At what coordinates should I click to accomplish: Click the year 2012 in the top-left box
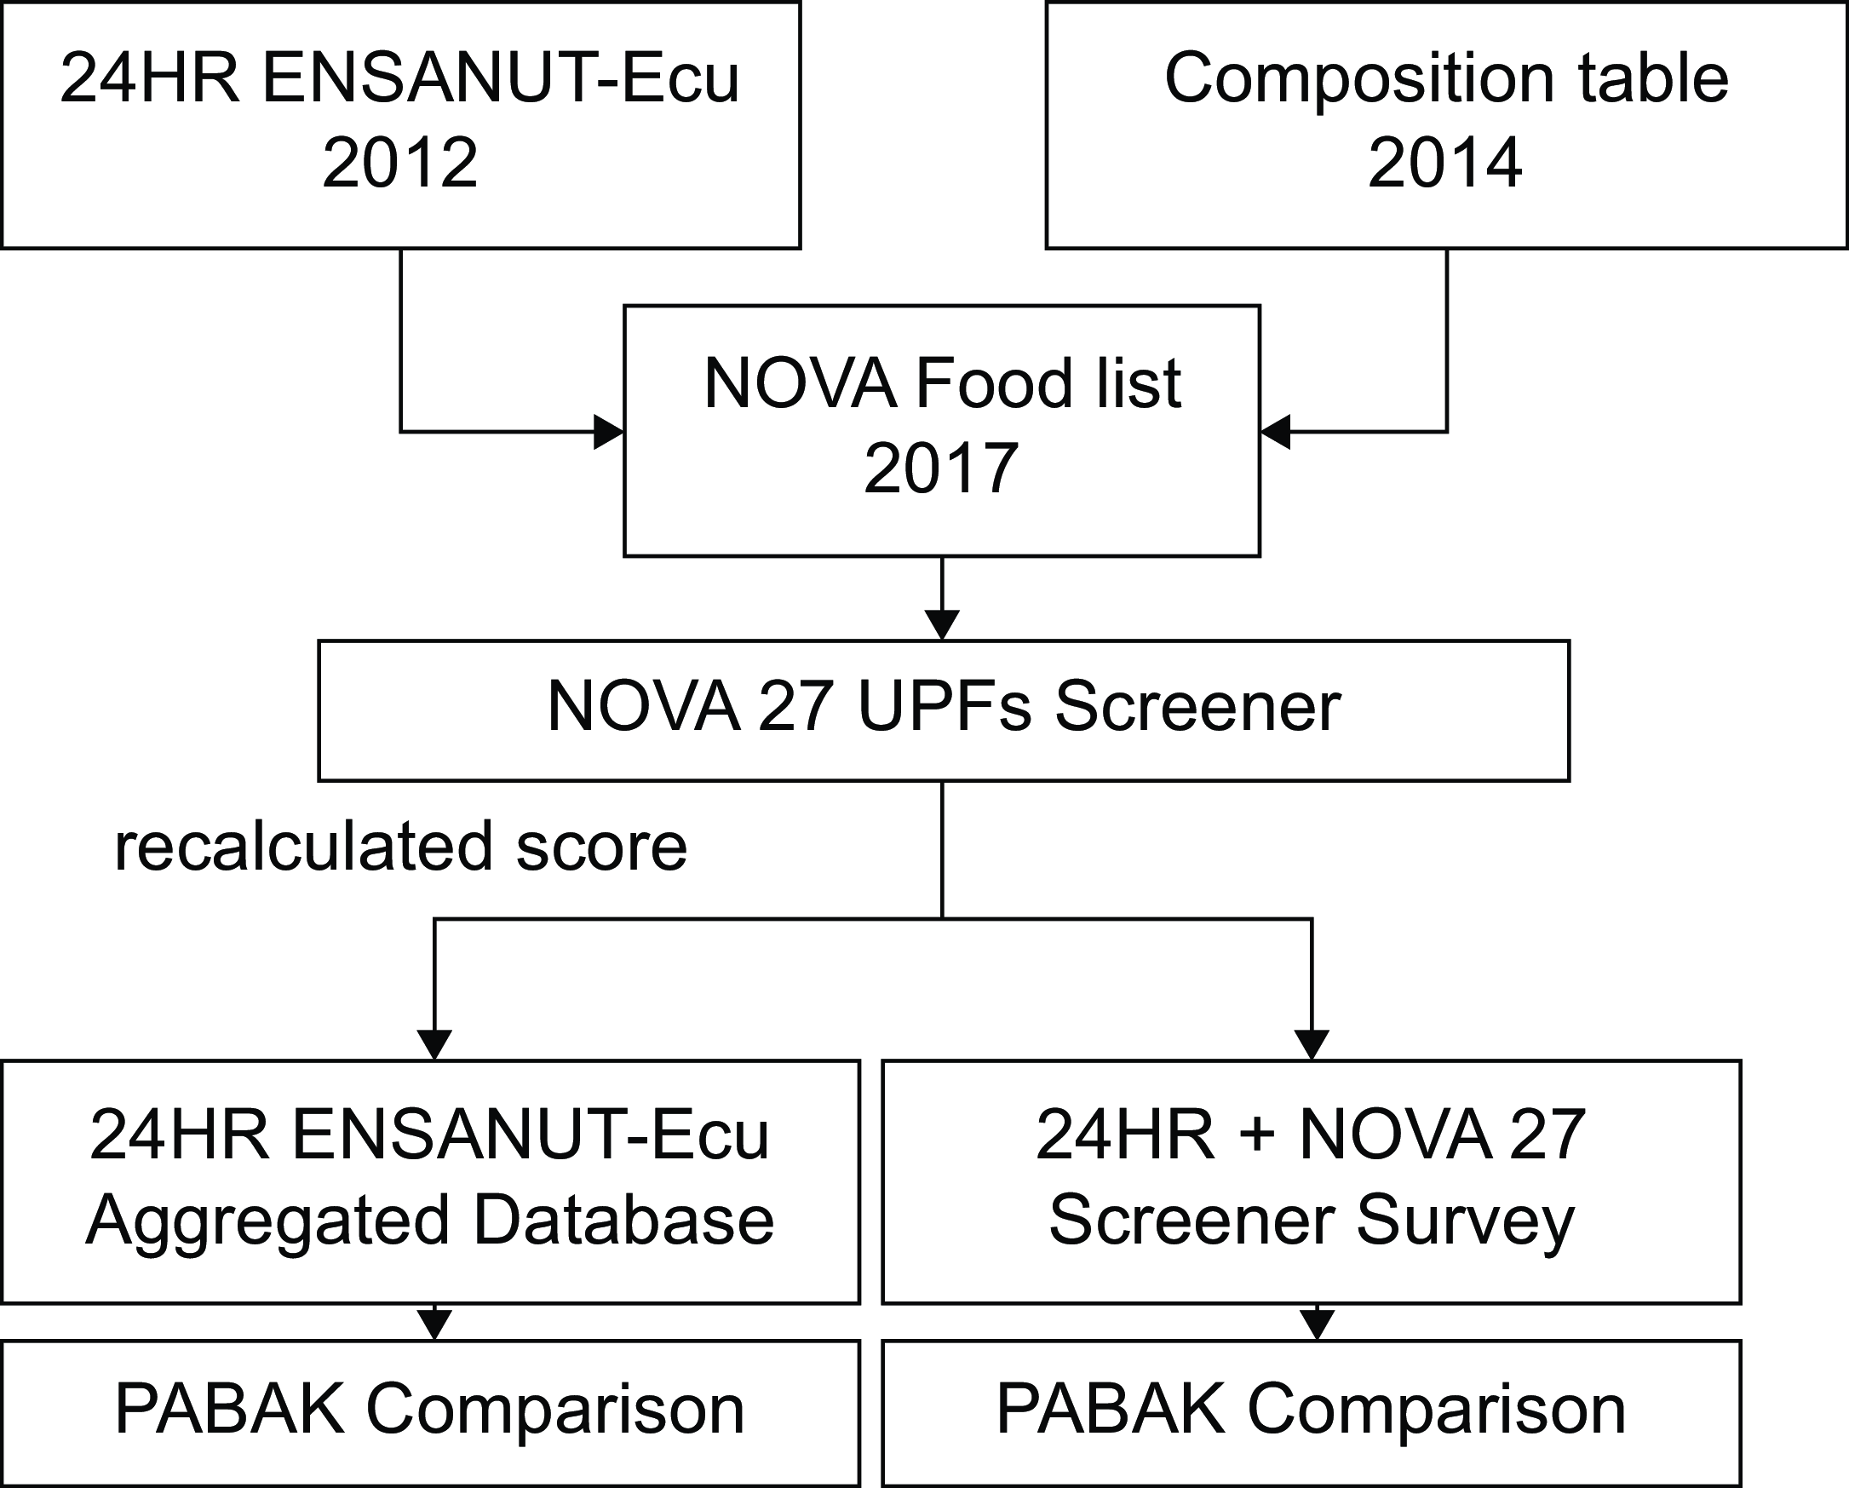[x=399, y=162]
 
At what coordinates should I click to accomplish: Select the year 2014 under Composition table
[x=1445, y=162]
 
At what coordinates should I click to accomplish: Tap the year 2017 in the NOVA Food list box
[x=941, y=468]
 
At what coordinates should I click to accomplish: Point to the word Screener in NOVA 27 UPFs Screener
[x=1197, y=707]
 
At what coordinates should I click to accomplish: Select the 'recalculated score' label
[x=400, y=847]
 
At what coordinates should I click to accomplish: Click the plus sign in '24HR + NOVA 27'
[x=1257, y=1134]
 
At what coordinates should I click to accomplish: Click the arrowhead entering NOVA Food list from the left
[x=609, y=431]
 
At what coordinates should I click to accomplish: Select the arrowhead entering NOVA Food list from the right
[x=1275, y=431]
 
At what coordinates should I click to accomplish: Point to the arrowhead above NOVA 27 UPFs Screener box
[x=942, y=625]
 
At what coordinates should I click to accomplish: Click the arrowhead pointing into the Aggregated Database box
[x=435, y=1045]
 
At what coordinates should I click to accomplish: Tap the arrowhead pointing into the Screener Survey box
[x=1312, y=1045]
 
